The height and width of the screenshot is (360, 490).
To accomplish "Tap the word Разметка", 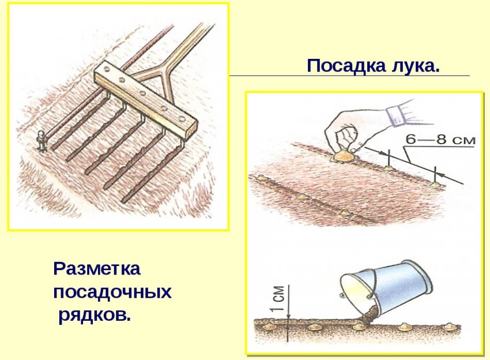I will [96, 269].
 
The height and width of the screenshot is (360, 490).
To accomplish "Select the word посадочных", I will [112, 292].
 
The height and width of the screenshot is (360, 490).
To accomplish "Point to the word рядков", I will [94, 315].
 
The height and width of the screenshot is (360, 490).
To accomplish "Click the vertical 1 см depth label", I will [278, 299].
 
